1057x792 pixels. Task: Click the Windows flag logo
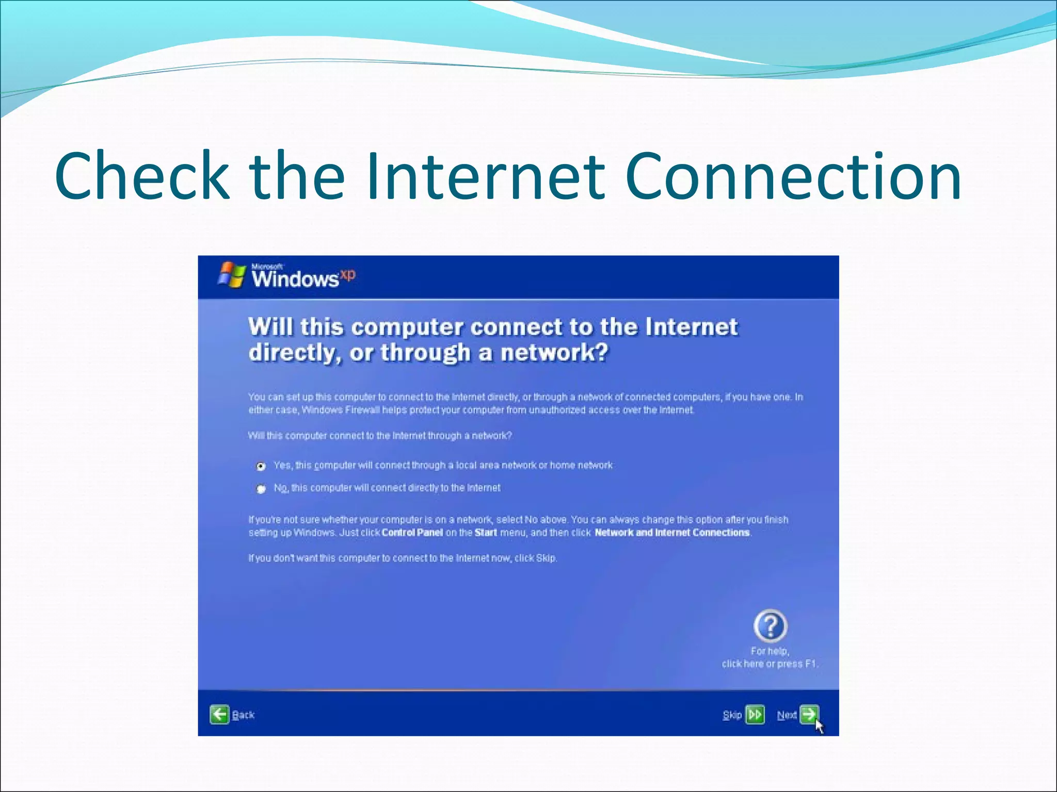point(232,275)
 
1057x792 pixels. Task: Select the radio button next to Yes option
point(261,466)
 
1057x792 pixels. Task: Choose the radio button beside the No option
point(261,488)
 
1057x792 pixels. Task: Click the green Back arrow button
point(219,715)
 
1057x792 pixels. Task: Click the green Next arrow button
point(809,715)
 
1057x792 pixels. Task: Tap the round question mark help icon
point(770,626)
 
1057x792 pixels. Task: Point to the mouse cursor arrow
point(820,726)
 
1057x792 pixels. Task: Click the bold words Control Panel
point(412,533)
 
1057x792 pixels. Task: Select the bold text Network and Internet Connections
point(672,533)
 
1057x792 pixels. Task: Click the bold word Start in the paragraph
point(486,533)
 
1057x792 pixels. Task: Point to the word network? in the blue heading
point(555,353)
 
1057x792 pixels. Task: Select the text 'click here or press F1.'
point(770,664)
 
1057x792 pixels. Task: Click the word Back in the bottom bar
point(244,715)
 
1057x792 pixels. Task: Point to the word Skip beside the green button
point(732,715)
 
